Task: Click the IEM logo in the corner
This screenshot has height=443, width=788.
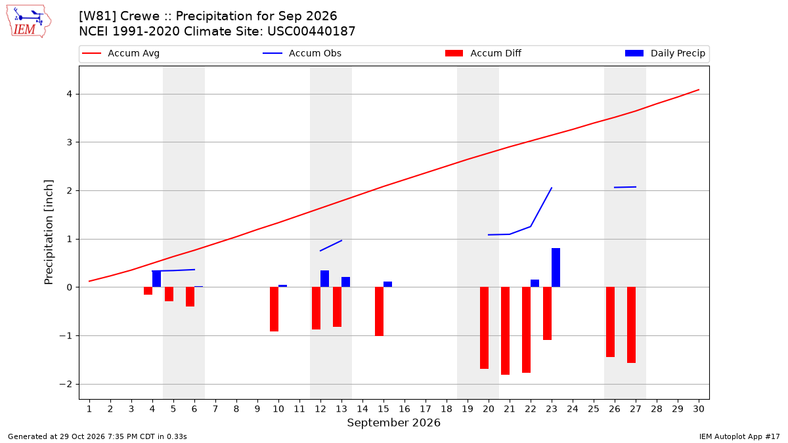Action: pos(29,21)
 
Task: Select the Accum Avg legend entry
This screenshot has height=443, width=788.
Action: pos(121,53)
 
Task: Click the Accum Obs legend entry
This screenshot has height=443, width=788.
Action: pos(302,53)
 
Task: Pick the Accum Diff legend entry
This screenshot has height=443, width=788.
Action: pos(483,53)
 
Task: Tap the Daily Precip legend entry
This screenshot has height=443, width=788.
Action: pos(665,53)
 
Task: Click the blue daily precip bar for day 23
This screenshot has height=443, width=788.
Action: pos(556,268)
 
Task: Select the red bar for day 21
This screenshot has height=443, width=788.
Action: pos(505,331)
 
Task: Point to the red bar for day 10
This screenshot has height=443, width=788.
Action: pos(274,309)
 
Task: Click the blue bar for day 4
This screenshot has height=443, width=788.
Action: pos(156,279)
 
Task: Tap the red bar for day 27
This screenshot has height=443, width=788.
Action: pos(632,325)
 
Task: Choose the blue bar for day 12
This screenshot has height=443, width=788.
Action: pos(324,279)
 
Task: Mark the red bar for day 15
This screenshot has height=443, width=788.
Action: pos(380,312)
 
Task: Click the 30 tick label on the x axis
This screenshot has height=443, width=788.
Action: pos(699,409)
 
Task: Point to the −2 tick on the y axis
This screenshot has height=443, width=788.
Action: pos(66,385)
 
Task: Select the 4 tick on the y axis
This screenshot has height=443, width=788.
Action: pos(70,94)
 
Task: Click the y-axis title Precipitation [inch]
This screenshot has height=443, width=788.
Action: pos(49,232)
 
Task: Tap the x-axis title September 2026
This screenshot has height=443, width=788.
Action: pos(393,423)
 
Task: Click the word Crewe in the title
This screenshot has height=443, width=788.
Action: pos(140,16)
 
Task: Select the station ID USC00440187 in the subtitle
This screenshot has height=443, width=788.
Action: pos(311,32)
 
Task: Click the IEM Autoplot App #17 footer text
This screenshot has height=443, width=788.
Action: pos(739,436)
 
